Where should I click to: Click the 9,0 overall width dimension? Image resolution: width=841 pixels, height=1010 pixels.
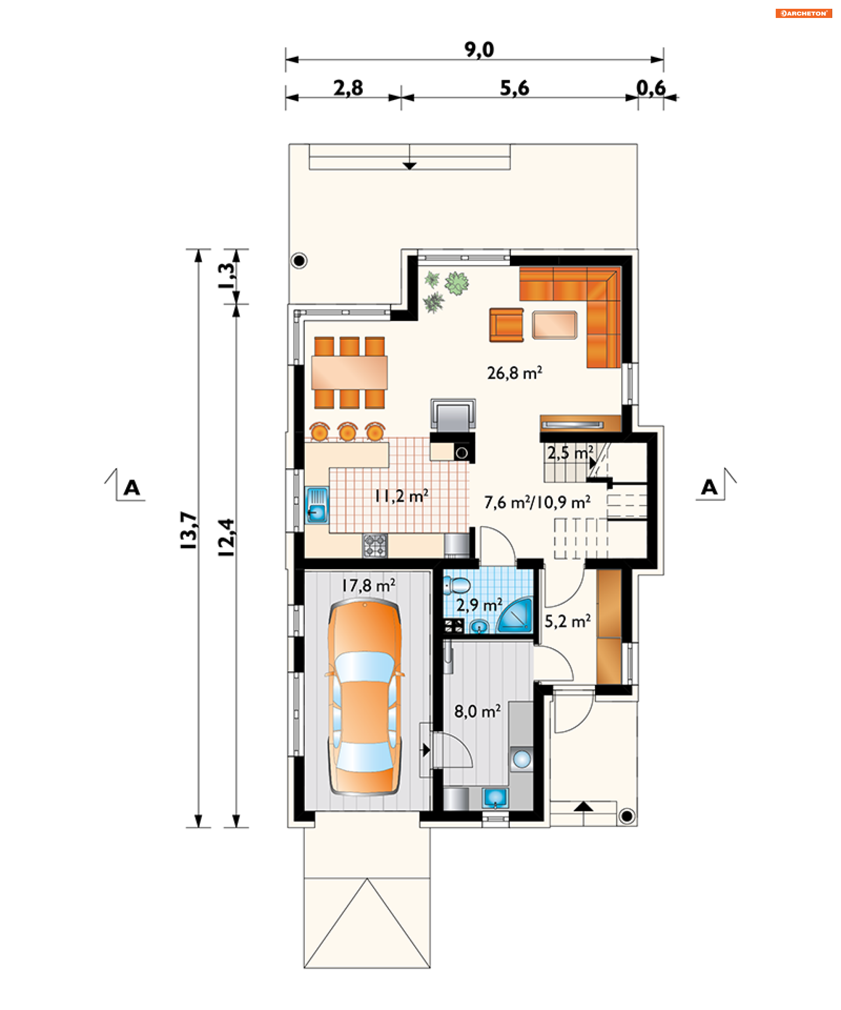click(x=479, y=50)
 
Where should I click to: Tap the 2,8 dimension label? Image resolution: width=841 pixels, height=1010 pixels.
click(x=348, y=88)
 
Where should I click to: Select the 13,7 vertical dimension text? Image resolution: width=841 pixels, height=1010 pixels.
click(x=188, y=530)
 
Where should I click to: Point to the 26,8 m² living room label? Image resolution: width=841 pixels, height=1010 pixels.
click(x=514, y=373)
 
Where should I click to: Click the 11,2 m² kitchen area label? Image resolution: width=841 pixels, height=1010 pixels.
click(x=401, y=496)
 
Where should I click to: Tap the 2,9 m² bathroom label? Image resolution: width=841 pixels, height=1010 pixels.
click(x=479, y=605)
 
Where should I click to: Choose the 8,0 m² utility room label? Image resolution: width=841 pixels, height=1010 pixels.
click(x=477, y=711)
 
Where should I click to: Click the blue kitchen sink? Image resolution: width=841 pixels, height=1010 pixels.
click(x=317, y=505)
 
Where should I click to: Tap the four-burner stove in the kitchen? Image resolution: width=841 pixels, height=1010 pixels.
click(x=375, y=545)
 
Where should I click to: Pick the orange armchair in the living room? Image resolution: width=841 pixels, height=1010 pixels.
click(x=506, y=325)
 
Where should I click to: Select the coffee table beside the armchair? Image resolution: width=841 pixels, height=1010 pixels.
click(x=555, y=325)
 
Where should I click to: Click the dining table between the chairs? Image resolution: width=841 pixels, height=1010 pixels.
click(x=349, y=372)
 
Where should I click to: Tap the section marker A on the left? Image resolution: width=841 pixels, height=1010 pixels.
click(x=132, y=488)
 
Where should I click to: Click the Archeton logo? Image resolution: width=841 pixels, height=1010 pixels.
click(x=803, y=14)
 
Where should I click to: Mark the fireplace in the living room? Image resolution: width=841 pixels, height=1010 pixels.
click(x=453, y=414)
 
